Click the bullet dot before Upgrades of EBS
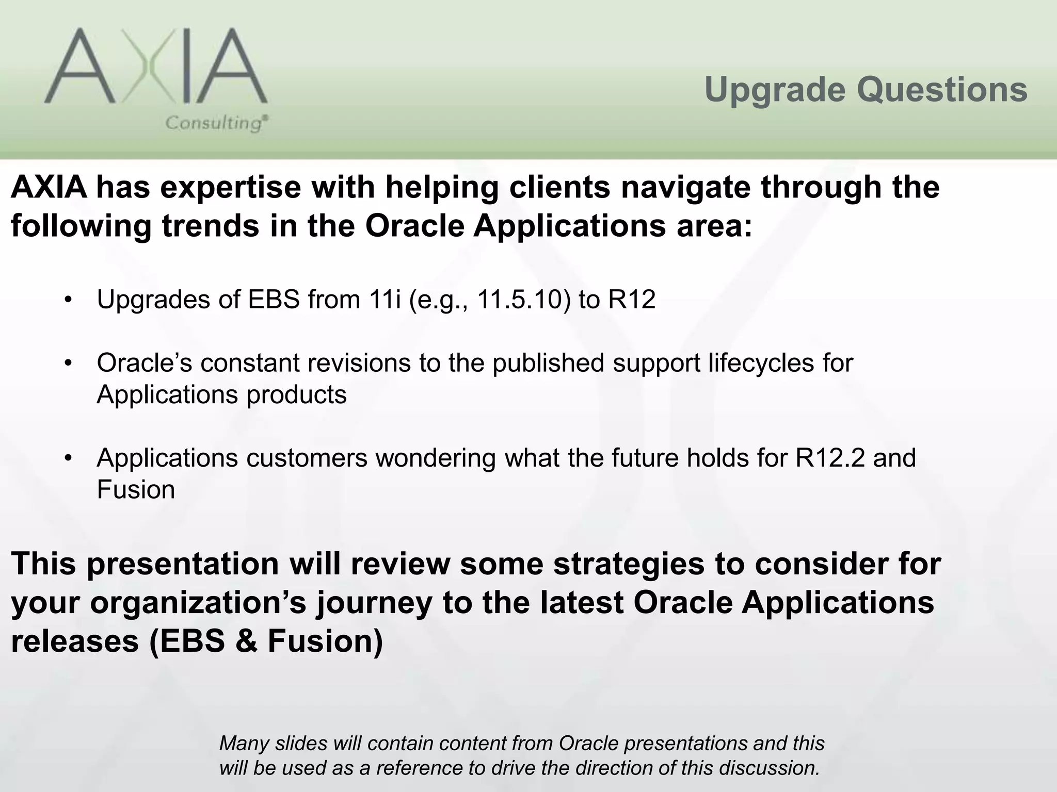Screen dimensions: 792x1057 point(67,300)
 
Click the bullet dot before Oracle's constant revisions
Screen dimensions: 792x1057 point(67,364)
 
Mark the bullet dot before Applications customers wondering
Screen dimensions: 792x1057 point(67,458)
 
